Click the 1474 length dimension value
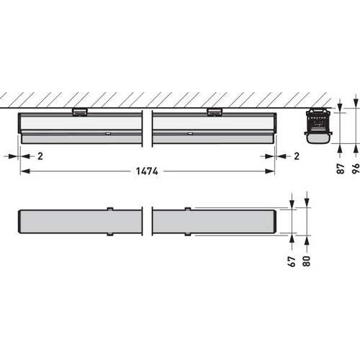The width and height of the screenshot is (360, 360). pos(147,171)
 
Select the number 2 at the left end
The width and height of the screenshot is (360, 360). pos(40,156)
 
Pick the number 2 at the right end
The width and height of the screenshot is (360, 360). pos(297,156)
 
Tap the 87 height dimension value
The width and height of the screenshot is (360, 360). pos(341,168)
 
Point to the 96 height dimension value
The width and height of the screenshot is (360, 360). pos(356,168)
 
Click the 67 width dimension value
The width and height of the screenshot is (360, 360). pos(292,261)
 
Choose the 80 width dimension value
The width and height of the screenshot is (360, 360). pos(307,261)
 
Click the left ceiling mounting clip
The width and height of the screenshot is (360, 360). pos(79,112)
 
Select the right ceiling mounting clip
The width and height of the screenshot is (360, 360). pos(215,112)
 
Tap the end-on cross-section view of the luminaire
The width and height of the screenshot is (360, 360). pos(318,127)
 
